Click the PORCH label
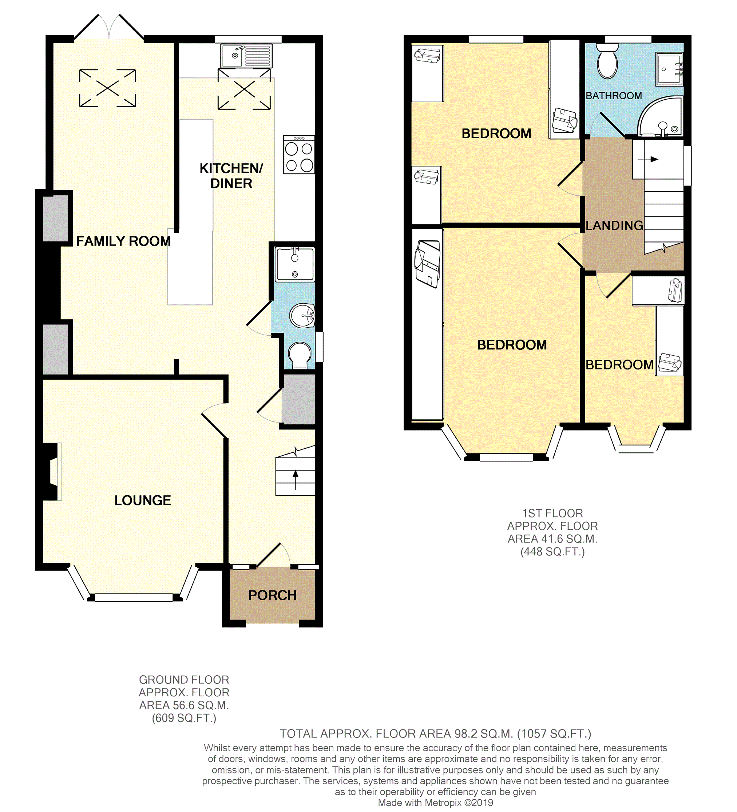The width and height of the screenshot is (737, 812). tap(272, 595)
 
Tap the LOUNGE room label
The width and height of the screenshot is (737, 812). tap(143, 500)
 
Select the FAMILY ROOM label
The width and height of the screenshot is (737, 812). tap(123, 241)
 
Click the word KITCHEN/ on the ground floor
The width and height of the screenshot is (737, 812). tap(231, 168)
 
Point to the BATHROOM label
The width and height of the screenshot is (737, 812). tap(614, 96)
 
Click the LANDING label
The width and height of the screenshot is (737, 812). tap(614, 225)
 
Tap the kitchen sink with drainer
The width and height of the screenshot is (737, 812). tap(246, 56)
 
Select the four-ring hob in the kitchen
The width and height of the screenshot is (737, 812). tap(299, 155)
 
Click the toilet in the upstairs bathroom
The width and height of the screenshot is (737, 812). tap(607, 61)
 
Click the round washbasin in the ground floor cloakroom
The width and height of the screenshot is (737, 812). tap(302, 315)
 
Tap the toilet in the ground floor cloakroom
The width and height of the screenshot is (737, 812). tap(300, 355)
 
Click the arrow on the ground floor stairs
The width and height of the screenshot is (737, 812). tap(296, 480)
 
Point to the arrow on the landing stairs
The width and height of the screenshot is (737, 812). tap(648, 159)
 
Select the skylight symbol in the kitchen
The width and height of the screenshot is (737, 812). tap(244, 89)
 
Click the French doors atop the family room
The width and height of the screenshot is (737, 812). tap(109, 27)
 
